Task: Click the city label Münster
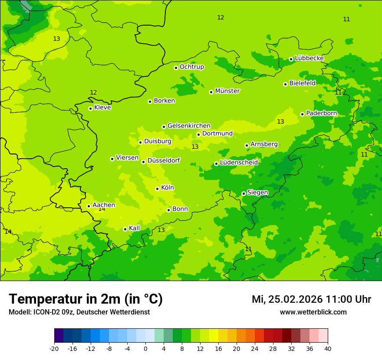227,91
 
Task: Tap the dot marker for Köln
157,189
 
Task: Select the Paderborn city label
321,113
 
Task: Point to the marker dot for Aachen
89,206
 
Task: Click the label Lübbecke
309,58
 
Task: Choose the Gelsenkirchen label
189,126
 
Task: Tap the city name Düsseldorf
163,160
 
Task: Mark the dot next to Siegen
244,194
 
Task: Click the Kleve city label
102,108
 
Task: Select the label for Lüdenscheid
239,163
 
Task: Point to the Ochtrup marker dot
176,68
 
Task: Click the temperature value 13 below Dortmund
195,147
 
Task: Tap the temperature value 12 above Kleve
93,93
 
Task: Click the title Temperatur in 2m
86,299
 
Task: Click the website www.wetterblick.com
313,312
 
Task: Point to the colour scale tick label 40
327,349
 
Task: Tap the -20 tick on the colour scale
54,349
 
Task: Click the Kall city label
135,228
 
